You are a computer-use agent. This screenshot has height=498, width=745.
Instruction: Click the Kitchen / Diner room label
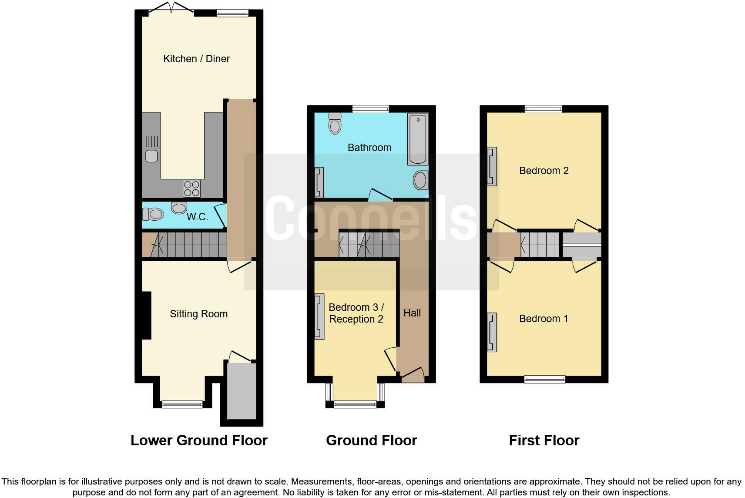(x=196, y=59)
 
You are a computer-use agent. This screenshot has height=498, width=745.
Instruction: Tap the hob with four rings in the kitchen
(x=191, y=188)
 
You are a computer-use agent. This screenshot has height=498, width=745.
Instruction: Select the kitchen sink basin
(x=151, y=156)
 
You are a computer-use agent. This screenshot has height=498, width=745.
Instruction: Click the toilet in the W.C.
(x=153, y=214)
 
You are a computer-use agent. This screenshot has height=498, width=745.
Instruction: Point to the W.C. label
(x=197, y=217)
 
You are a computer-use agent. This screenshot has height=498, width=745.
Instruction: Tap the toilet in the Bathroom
(x=335, y=123)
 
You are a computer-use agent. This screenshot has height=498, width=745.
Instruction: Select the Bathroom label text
(x=369, y=148)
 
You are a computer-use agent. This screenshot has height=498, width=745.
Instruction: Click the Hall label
(x=412, y=313)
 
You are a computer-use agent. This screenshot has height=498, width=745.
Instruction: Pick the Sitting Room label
(x=198, y=314)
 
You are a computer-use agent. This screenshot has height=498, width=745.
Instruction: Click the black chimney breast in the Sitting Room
(x=146, y=315)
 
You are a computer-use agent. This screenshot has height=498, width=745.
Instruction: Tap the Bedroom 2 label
(x=544, y=171)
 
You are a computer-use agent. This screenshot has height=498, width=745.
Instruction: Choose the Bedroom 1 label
(x=544, y=319)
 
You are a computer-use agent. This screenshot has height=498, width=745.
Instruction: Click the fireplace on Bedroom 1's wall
(x=492, y=332)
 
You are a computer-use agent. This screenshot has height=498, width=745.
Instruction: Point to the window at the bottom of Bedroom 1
(x=544, y=379)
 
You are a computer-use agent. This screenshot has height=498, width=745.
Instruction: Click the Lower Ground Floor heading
(x=199, y=441)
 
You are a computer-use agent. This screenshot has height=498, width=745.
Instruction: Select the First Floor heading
(x=544, y=441)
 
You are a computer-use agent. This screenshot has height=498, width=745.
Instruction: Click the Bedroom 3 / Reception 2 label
(x=356, y=313)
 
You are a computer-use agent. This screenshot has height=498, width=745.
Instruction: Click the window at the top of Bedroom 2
(x=543, y=109)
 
